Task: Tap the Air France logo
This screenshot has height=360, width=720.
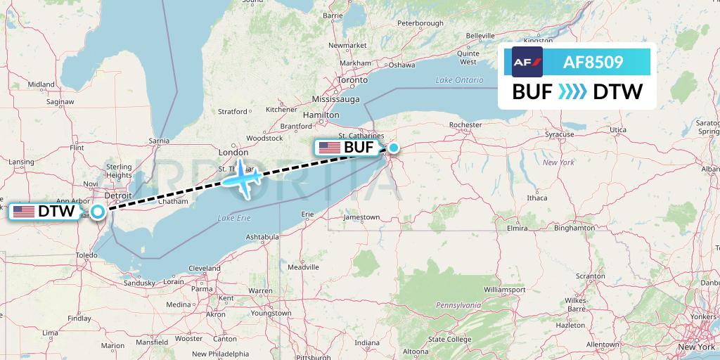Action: (527, 63)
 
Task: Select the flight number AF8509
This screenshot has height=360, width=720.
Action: (593, 63)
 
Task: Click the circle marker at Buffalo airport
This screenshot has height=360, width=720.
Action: (394, 148)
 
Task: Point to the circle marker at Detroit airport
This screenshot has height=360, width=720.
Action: (98, 211)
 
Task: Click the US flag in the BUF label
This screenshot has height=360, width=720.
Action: (329, 148)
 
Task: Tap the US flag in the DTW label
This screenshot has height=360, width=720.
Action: (24, 211)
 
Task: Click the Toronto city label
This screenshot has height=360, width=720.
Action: (352, 80)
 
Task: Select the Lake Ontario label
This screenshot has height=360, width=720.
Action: (459, 80)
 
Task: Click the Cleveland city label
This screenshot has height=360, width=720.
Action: (204, 268)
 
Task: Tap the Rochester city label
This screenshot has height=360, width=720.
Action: (465, 124)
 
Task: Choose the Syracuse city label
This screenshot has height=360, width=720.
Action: (560, 134)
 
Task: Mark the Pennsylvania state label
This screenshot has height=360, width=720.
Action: (458, 305)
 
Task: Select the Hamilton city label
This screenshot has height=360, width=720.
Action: (321, 115)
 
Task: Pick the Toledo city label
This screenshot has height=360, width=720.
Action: (86, 255)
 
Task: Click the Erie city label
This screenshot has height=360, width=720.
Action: (307, 214)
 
